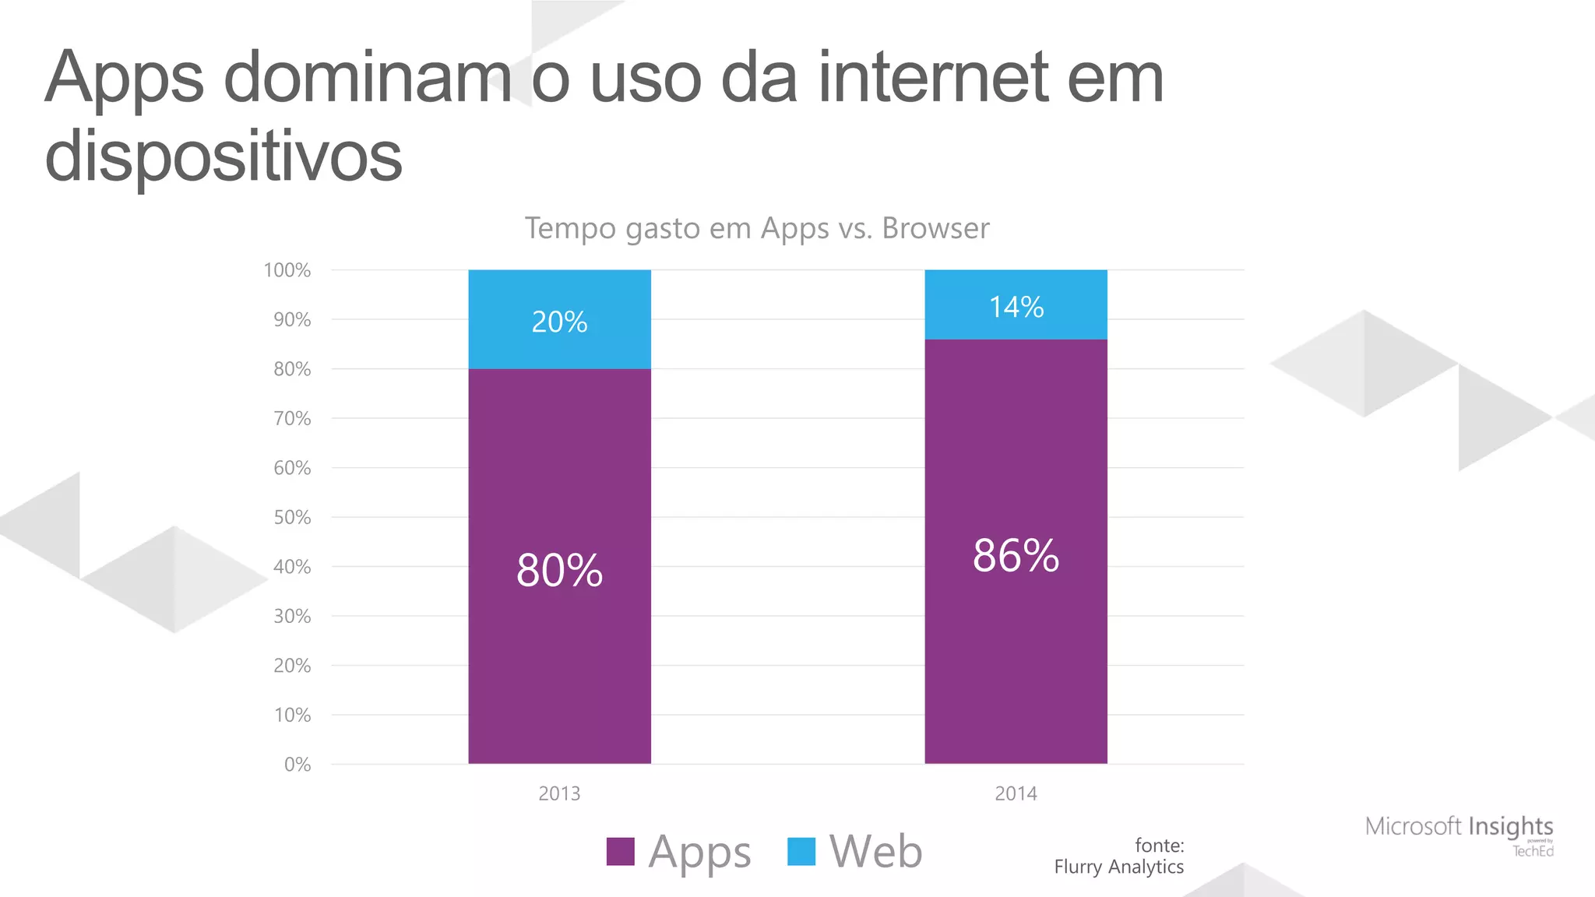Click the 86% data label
click(1016, 556)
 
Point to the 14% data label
click(1016, 307)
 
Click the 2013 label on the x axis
click(559, 793)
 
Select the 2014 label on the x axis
click(1016, 793)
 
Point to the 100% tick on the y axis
click(287, 270)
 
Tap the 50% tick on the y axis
click(292, 517)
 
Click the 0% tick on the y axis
click(298, 764)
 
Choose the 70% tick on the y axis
click(292, 418)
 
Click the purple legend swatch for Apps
click(621, 851)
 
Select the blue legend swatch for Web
click(801, 851)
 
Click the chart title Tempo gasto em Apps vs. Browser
click(756, 228)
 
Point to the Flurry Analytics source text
click(1118, 867)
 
